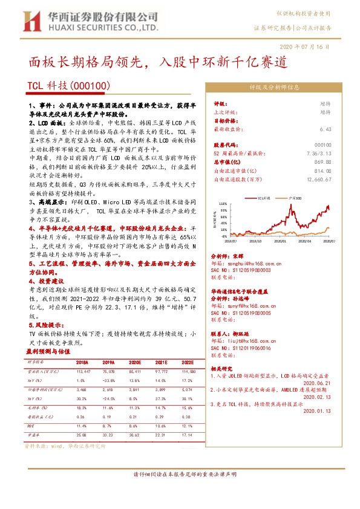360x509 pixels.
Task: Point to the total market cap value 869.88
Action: (323, 162)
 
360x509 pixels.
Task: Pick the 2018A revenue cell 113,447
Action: (83, 371)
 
